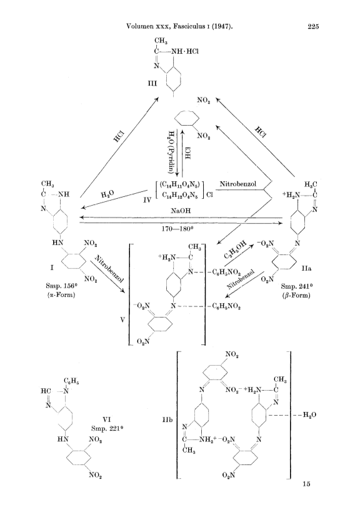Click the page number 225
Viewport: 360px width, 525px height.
click(x=312, y=27)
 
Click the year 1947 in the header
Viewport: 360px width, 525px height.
click(x=222, y=27)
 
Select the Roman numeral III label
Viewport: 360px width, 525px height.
click(x=152, y=83)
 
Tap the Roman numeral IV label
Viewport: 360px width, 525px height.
click(x=147, y=200)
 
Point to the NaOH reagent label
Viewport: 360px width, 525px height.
click(x=181, y=211)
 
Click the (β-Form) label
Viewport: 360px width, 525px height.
click(x=297, y=295)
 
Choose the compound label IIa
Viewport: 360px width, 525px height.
click(x=306, y=269)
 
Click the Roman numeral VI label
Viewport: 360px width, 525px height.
click(x=107, y=419)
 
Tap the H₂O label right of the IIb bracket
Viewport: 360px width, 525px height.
click(x=309, y=415)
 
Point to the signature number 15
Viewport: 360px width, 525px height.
click(x=306, y=484)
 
